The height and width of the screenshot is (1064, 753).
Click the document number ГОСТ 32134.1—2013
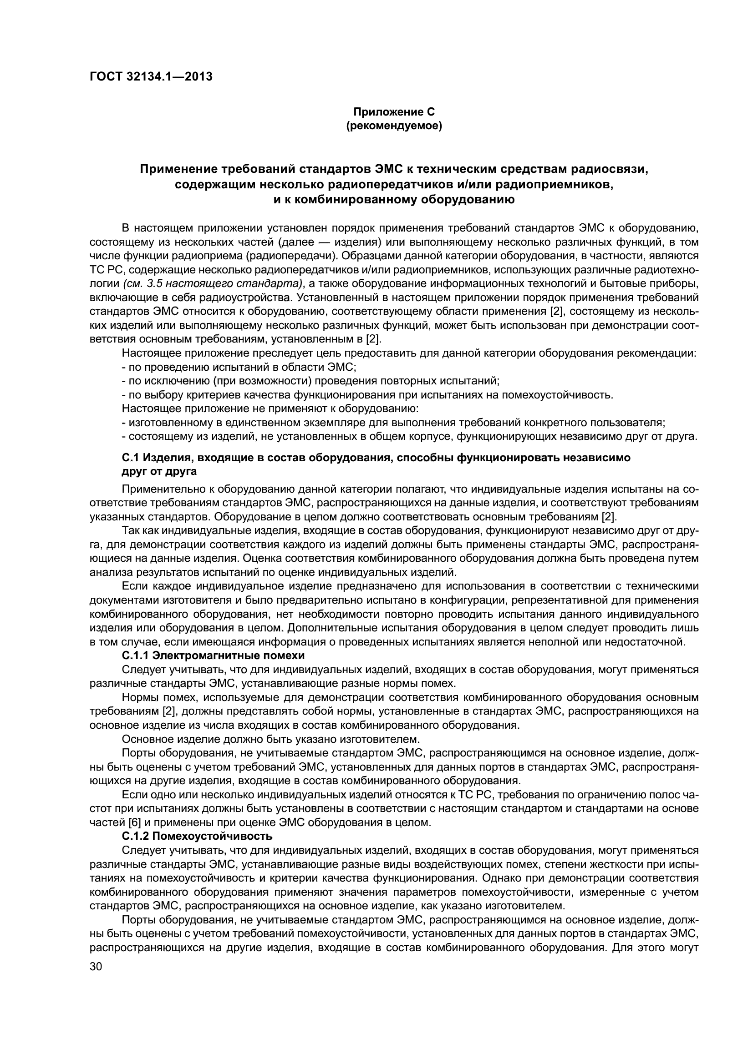tap(151, 76)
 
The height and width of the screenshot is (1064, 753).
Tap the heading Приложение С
tap(394, 112)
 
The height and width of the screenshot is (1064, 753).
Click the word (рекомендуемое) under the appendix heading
tap(394, 126)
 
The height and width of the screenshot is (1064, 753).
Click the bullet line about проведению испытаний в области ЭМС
tap(239, 367)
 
